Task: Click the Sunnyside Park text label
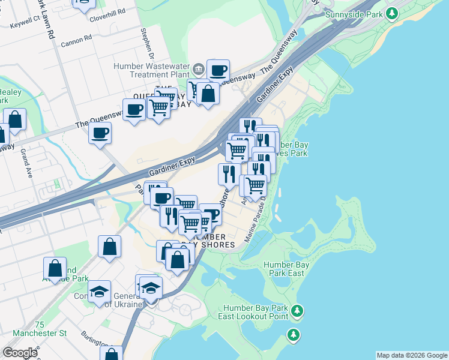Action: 354,14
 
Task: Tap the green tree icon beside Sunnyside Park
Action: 392,13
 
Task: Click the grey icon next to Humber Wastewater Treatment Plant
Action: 197,67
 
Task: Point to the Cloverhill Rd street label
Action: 107,12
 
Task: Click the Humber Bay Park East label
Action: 286,269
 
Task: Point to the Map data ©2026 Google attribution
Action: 412,355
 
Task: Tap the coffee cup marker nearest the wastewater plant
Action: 218,70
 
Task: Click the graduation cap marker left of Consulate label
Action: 100,292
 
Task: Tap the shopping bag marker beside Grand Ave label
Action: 14,119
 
